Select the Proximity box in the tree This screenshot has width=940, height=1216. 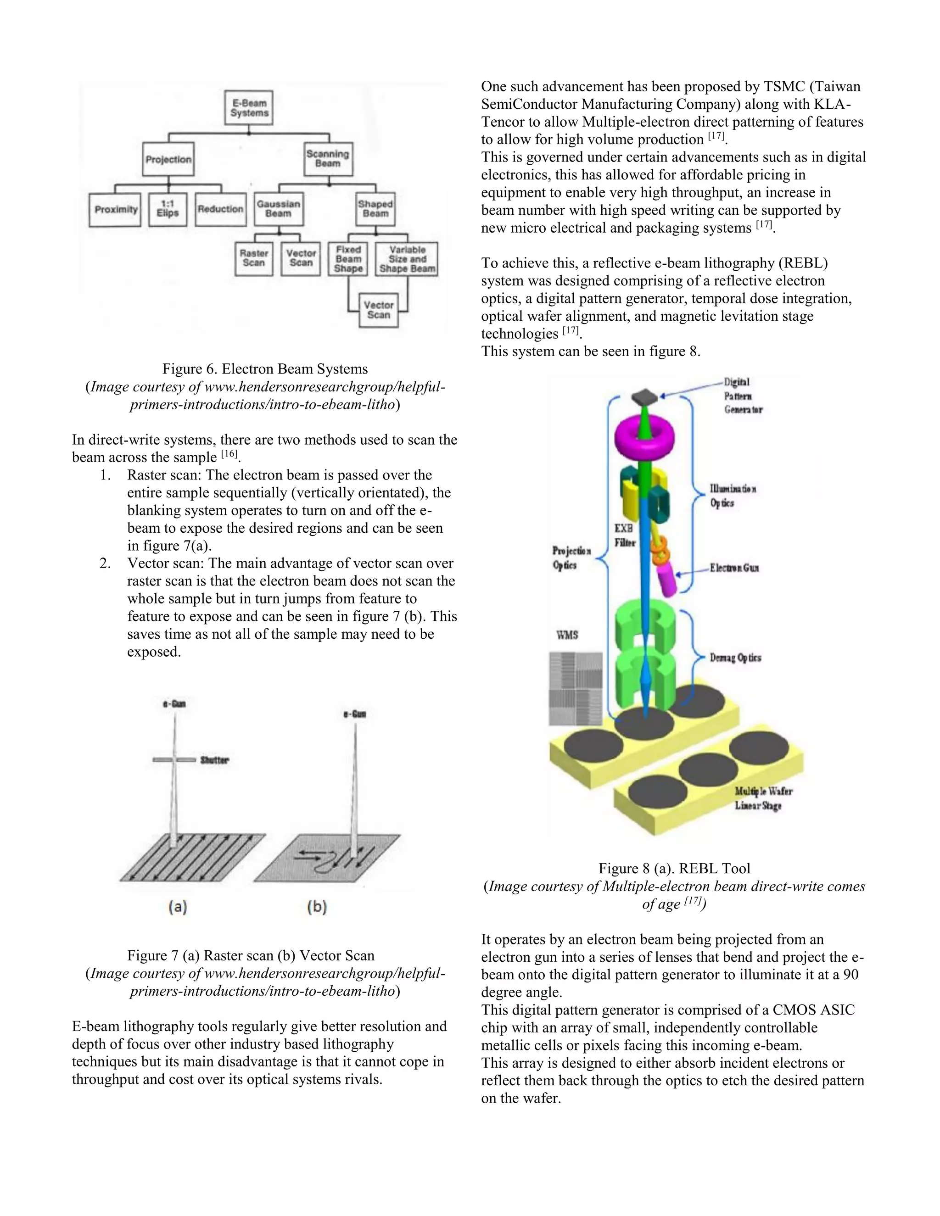pyautogui.click(x=115, y=209)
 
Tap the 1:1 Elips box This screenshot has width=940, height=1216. pyautogui.click(x=168, y=209)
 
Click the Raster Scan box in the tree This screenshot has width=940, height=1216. pyautogui.click(x=253, y=258)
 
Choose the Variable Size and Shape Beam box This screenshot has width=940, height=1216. pyautogui.click(x=407, y=259)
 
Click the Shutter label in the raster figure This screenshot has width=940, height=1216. pyautogui.click(x=214, y=760)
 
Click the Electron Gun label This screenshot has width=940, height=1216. pyautogui.click(x=733, y=569)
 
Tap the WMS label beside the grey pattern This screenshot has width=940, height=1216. pyautogui.click(x=567, y=635)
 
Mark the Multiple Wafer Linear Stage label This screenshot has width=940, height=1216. pyautogui.click(x=762, y=798)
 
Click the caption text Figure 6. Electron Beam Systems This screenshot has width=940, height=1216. pyautogui.click(x=265, y=368)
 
